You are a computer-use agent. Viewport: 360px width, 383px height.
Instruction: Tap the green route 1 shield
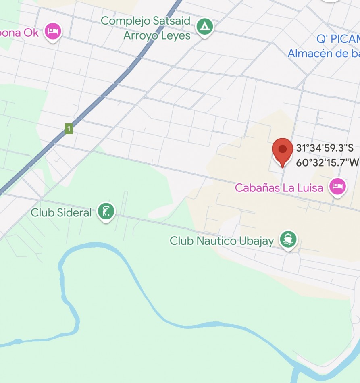(x=69, y=129)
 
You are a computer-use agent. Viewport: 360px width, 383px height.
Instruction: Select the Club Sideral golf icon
(x=106, y=211)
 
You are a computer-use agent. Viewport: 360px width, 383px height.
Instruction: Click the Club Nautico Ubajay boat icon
(x=288, y=239)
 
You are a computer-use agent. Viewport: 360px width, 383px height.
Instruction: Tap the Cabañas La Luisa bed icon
(x=337, y=187)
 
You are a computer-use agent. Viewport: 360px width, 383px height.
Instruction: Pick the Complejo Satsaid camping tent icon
(x=205, y=27)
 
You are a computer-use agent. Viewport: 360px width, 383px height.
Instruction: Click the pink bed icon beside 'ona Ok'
(x=52, y=31)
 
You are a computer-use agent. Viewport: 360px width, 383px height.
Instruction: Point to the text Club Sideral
(x=61, y=212)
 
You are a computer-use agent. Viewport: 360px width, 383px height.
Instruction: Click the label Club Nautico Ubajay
(x=221, y=241)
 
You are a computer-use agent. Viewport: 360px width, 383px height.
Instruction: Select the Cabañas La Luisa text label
(x=279, y=188)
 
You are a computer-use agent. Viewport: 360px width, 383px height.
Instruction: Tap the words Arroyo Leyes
(x=157, y=35)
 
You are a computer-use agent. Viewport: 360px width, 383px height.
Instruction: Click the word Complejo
(x=125, y=21)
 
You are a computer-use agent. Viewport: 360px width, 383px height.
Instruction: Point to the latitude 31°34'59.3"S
(x=325, y=148)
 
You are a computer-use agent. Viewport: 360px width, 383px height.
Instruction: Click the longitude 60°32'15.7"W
(x=327, y=162)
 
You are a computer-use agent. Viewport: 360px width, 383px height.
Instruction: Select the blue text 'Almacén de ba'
(x=323, y=53)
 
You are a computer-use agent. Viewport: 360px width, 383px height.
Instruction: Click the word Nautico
(x=215, y=241)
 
